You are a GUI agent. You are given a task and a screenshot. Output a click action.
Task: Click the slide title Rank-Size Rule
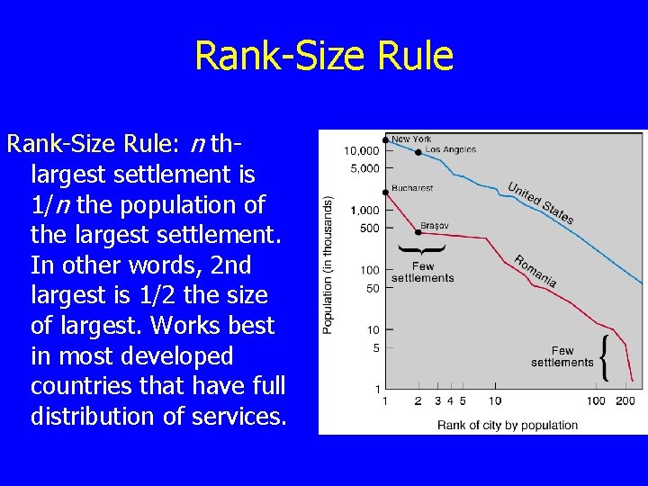click(x=324, y=56)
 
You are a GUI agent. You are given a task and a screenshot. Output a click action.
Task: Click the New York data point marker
click(x=385, y=140)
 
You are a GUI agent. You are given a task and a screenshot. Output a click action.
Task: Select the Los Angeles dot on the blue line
click(x=418, y=152)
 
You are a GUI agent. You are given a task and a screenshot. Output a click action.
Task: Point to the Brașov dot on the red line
click(x=418, y=231)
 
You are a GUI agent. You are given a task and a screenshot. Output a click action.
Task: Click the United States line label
click(x=540, y=202)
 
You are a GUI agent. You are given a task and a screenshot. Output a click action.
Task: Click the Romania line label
click(x=535, y=272)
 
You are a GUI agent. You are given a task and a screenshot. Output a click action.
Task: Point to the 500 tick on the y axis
click(x=369, y=229)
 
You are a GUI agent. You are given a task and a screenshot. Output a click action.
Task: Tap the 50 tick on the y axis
click(x=372, y=288)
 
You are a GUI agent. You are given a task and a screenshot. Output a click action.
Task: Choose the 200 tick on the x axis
click(x=626, y=400)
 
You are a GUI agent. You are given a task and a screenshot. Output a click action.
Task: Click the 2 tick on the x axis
click(x=418, y=400)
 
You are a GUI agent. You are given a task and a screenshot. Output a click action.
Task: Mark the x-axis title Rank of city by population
click(x=508, y=424)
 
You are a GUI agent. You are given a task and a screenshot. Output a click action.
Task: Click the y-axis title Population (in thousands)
click(x=328, y=265)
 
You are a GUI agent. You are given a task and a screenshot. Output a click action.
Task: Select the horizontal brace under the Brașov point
click(x=421, y=247)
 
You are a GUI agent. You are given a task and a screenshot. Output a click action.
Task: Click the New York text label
click(x=411, y=139)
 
